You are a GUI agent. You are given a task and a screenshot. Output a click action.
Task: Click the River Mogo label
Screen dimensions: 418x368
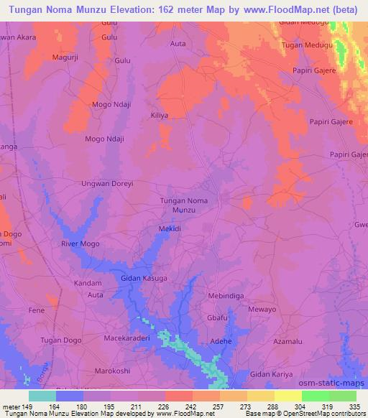pyautogui.click(x=80, y=244)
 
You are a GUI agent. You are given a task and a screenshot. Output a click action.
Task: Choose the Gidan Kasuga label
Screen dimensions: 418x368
pyautogui.click(x=144, y=277)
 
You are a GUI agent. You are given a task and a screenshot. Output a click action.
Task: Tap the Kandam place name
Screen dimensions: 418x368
pyautogui.click(x=88, y=284)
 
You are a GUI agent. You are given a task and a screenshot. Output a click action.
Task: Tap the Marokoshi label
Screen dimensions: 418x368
pyautogui.click(x=111, y=372)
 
